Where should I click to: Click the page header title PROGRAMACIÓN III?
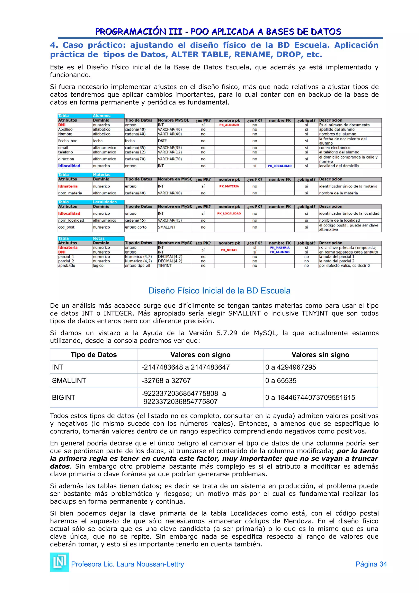pyautogui.click(x=139, y=32)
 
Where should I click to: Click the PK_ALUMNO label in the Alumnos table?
pyautogui.click(x=229, y=125)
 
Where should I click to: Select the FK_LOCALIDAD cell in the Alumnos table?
pyautogui.click(x=280, y=166)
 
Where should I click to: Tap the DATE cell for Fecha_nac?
pyautogui.click(x=162, y=141)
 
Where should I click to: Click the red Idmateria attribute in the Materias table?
pyautogui.click(x=68, y=186)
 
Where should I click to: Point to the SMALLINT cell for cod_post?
pyautogui.click(x=167, y=227)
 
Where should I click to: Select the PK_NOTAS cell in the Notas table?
pyautogui.click(x=229, y=250)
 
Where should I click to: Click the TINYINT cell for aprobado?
pyautogui.click(x=164, y=266)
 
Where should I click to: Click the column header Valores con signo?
pyautogui.click(x=200, y=355)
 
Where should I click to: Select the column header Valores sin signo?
pyautogui.click(x=320, y=355)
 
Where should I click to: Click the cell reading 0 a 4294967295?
pyautogui.click(x=291, y=367)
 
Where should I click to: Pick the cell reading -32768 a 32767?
pyautogui.click(x=166, y=380)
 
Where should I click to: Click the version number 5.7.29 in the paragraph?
pyautogui.click(x=227, y=333)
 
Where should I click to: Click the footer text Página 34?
pyautogui.click(x=371, y=564)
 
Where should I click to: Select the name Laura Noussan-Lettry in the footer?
pyautogui.click(x=150, y=564)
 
